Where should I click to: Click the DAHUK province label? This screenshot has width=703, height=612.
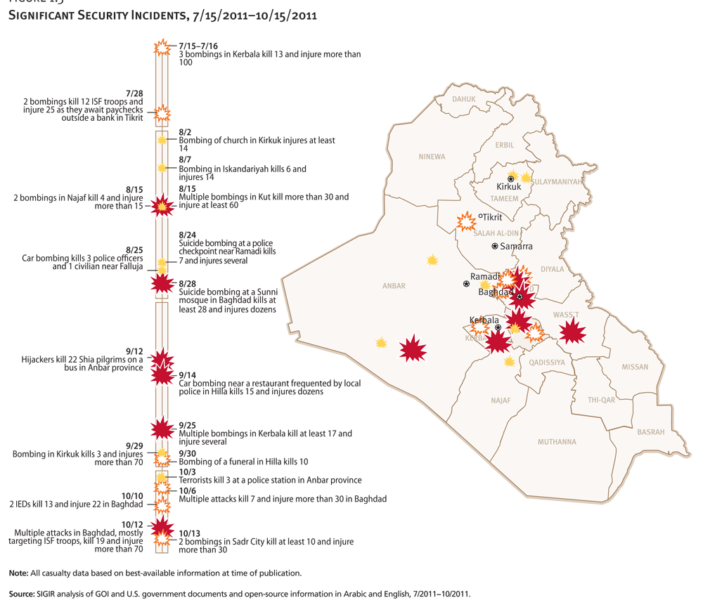coord(464,100)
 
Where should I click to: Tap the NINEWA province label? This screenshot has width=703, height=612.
coord(432,157)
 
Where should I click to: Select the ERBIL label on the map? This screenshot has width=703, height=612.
coord(505,145)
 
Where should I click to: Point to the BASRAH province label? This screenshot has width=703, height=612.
coord(650,432)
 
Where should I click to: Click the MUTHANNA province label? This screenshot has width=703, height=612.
coord(557,442)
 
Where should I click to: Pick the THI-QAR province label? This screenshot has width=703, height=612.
coord(601,400)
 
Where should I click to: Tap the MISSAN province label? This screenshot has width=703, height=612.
coord(635,367)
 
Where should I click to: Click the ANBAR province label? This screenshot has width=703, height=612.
coord(394,286)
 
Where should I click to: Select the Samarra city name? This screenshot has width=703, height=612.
coord(516,247)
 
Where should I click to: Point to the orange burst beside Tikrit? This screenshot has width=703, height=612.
coord(466,221)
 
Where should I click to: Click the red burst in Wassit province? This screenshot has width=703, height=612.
coord(572,330)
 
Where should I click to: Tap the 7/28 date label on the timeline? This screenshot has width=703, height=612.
coord(134,93)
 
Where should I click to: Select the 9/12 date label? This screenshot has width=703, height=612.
coord(134,351)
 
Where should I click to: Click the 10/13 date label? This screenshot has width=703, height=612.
coord(189,533)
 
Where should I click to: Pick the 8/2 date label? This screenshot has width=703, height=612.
coord(185,132)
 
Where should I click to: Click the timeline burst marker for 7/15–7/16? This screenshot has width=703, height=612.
coord(162,48)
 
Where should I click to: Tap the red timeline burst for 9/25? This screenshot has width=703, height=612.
coord(162,428)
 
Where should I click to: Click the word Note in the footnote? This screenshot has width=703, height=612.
coord(19,573)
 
